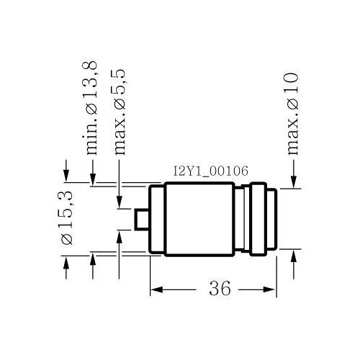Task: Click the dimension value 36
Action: tap(220, 288)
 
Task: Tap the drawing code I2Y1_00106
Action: tap(210, 171)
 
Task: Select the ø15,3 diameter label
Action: tap(67, 217)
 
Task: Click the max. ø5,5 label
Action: tap(119, 112)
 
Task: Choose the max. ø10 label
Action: tap(293, 113)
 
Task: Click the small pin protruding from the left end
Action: tap(142, 220)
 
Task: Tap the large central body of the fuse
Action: tap(199, 220)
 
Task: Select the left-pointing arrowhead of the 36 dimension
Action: tap(156, 289)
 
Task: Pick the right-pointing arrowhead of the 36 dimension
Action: tap(269, 289)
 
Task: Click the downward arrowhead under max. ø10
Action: tap(294, 182)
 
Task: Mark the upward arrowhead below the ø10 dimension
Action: tap(294, 256)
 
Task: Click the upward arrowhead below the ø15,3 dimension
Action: tap(66, 262)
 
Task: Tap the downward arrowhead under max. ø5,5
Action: tap(120, 202)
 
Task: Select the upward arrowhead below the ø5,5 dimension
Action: tap(120, 237)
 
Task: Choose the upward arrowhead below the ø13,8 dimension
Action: tap(93, 258)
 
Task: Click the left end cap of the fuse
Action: tap(157, 220)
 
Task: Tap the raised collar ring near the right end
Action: tap(258, 220)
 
